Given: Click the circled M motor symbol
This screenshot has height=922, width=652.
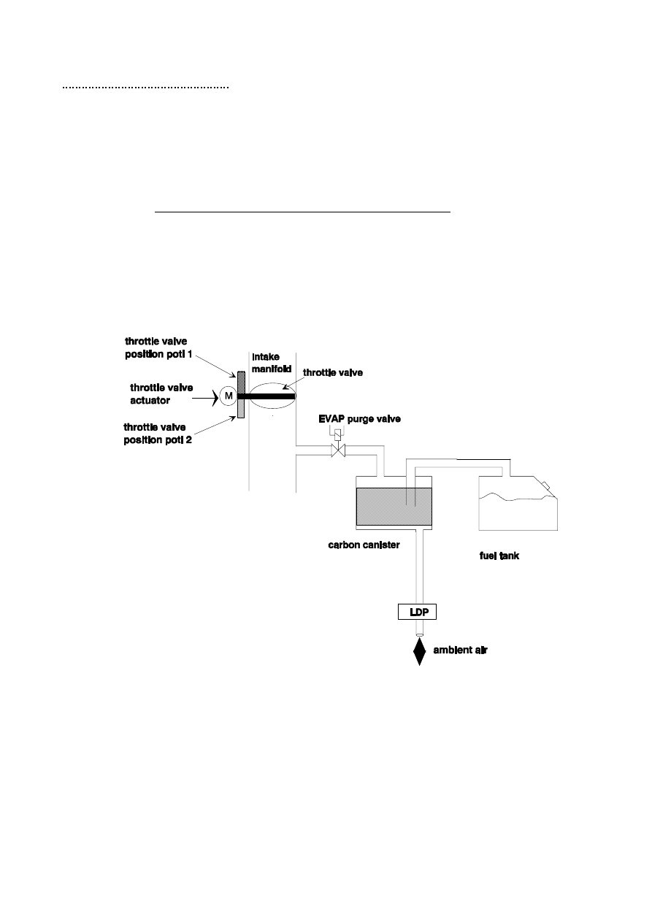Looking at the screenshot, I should coord(228,396).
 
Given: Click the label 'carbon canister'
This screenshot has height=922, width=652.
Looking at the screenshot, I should coord(364,545).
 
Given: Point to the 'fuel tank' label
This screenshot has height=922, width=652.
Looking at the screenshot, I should coord(494,556).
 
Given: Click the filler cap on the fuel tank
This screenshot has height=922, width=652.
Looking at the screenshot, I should coord(544,483).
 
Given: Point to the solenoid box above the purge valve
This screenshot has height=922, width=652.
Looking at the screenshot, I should coord(337,432).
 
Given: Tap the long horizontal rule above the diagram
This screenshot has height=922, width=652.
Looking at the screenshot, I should coord(304,212).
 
